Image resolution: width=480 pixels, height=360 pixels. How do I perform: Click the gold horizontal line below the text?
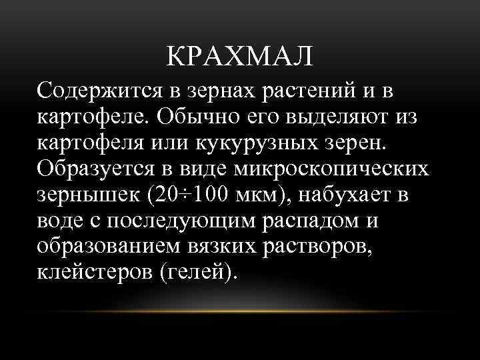(240, 311)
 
